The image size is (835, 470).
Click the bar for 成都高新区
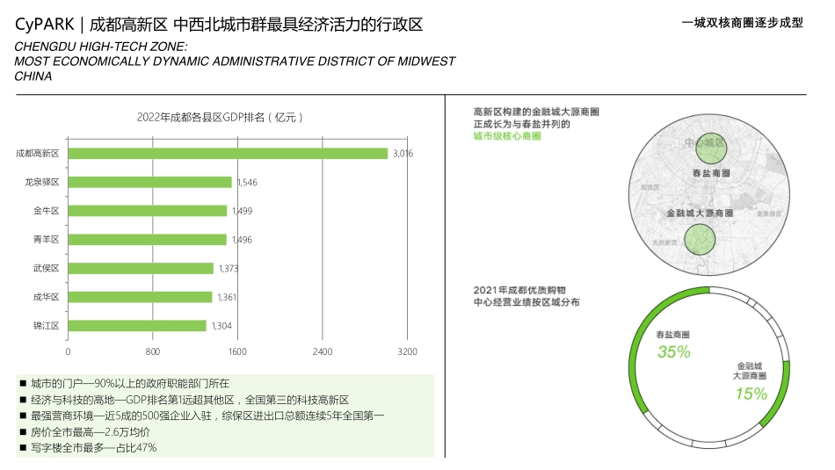tap(227, 154)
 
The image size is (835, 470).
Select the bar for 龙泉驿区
tap(149, 182)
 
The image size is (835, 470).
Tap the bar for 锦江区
tap(137, 326)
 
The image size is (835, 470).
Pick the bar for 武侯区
tap(141, 268)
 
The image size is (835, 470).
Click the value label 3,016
tap(403, 154)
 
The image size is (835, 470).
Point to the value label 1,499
tap(242, 211)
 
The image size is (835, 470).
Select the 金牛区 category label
tap(45, 211)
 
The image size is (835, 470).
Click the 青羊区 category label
tap(45, 240)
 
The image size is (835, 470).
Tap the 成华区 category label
tap(45, 297)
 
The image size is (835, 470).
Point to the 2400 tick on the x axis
tap(322, 351)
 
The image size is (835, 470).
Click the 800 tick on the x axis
tap(152, 351)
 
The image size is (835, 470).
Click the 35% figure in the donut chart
tap(674, 352)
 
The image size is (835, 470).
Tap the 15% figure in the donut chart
tap(751, 394)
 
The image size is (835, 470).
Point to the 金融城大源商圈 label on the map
tap(701, 213)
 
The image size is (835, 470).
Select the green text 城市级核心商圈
tap(506, 136)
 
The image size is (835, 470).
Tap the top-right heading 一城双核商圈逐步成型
tap(743, 24)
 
